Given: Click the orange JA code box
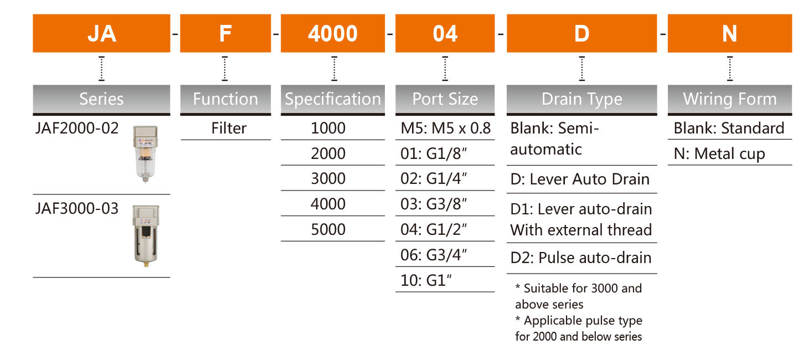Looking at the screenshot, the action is [x=101, y=33].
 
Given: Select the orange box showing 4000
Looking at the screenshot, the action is [x=333, y=33].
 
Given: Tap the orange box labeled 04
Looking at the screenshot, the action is [x=445, y=33].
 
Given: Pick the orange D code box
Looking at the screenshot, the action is [x=582, y=33].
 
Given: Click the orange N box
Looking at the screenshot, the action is [x=730, y=33].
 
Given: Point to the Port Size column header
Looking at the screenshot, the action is [x=445, y=99].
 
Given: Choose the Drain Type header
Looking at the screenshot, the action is [x=582, y=99].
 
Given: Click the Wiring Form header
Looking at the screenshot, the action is [x=730, y=99].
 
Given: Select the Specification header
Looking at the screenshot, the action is [x=333, y=99].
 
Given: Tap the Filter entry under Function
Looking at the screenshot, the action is [x=229, y=128].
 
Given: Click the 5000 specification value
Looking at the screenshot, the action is [x=328, y=229].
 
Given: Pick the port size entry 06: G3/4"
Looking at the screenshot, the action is [x=434, y=255].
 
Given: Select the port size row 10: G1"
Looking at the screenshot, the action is [x=426, y=280].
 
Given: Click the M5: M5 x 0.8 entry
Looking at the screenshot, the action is [x=446, y=128].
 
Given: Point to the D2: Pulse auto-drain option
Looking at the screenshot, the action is [x=581, y=258].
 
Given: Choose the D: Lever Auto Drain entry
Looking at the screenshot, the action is [x=580, y=179].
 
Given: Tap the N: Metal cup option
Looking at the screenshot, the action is [x=719, y=154].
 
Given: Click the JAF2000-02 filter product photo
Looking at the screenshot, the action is [x=146, y=154].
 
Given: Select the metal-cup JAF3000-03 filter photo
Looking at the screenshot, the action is [x=146, y=236].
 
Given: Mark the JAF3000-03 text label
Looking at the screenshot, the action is [x=77, y=209].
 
